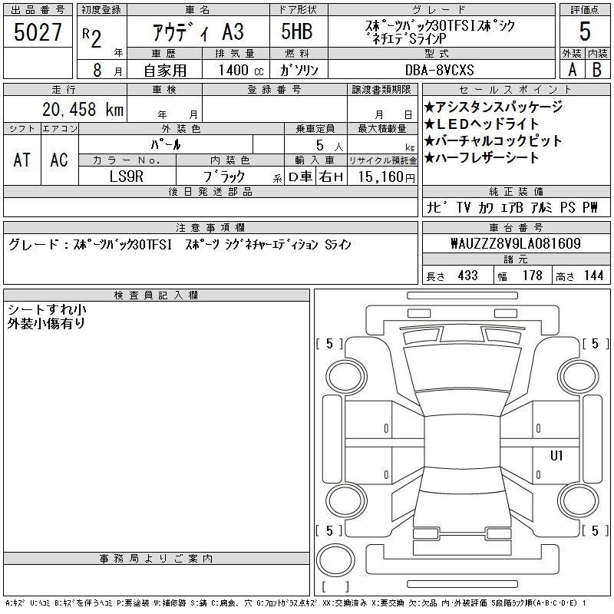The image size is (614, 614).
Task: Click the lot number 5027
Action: [x=38, y=32]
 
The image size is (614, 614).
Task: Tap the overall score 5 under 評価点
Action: [x=585, y=31]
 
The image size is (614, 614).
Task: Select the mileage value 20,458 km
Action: [x=83, y=109]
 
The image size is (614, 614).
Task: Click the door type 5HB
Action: [x=297, y=31]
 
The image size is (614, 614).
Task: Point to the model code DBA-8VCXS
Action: [x=440, y=70]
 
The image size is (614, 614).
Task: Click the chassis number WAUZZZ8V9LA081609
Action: [x=516, y=243]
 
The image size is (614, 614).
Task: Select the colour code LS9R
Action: [x=127, y=177]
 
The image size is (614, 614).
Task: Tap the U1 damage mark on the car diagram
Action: [x=556, y=455]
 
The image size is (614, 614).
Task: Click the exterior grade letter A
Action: [x=572, y=70]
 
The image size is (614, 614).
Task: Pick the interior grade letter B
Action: [x=597, y=70]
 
